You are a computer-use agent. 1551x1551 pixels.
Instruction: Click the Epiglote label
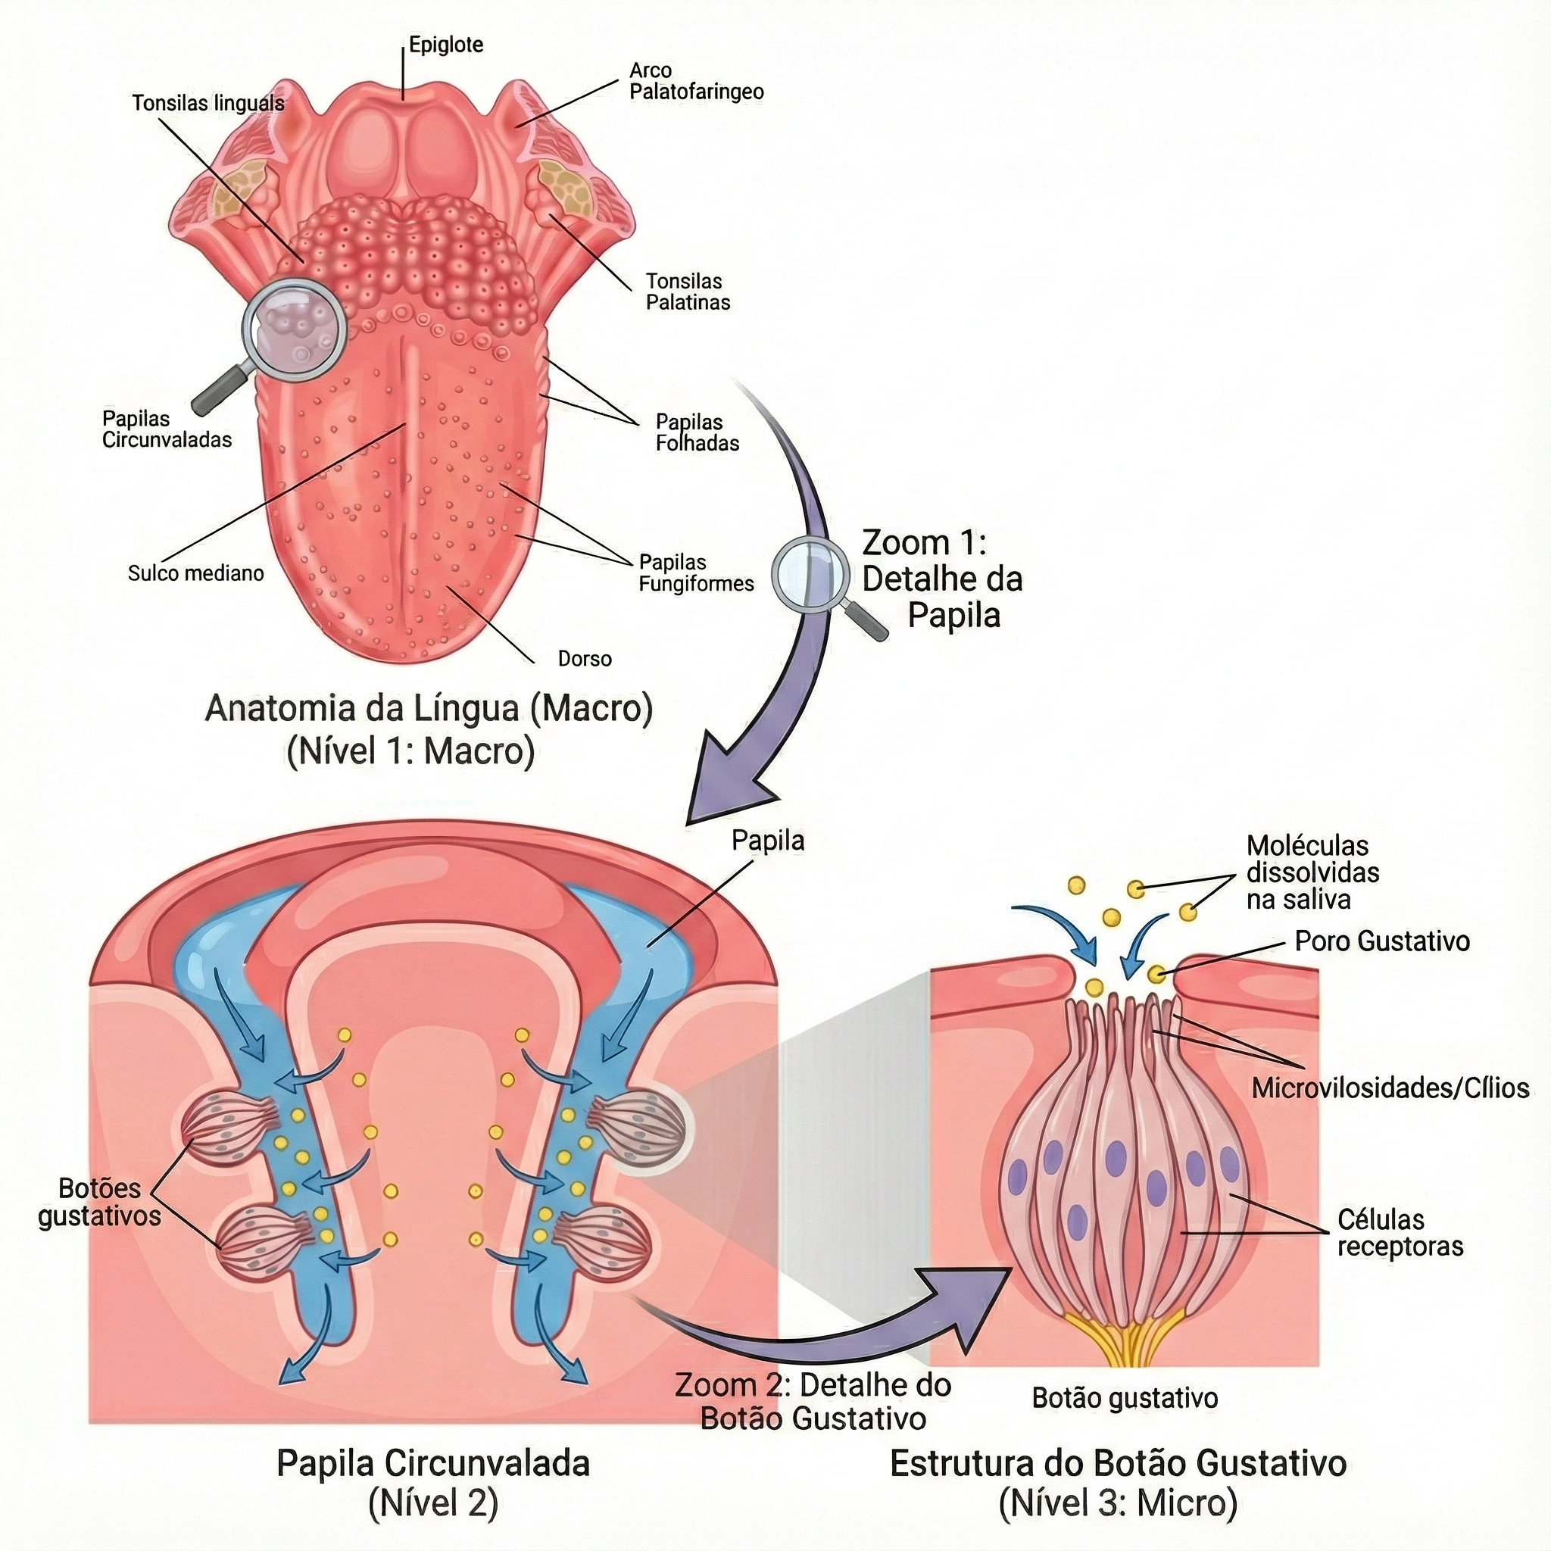coord(445,45)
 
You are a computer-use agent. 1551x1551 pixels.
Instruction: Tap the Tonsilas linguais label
coord(209,104)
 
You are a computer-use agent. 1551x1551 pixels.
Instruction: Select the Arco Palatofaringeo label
coord(696,81)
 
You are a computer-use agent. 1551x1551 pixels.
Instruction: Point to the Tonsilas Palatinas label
coord(688,292)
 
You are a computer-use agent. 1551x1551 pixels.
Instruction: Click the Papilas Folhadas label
coord(697,432)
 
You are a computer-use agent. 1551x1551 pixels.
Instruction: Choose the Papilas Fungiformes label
coord(696,573)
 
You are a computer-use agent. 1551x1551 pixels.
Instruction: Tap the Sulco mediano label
coord(196,573)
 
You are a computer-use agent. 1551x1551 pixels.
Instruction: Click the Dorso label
coord(585,659)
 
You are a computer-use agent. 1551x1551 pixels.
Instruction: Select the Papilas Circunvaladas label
coord(167,429)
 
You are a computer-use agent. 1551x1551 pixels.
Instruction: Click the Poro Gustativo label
coord(1381,941)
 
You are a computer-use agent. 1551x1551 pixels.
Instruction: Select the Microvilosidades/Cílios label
coord(1390,1088)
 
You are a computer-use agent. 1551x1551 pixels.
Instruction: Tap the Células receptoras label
coord(1400,1232)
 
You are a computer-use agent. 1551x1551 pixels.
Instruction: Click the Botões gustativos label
coord(99,1202)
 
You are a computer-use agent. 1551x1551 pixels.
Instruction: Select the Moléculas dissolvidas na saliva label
coord(1312,872)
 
